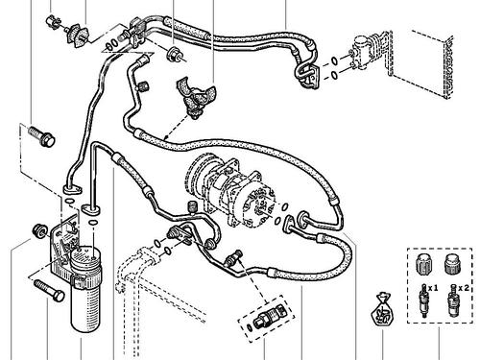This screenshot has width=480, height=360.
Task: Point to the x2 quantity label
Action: tap(465, 286)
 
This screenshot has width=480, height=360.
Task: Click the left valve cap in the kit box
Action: tap(421, 262)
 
